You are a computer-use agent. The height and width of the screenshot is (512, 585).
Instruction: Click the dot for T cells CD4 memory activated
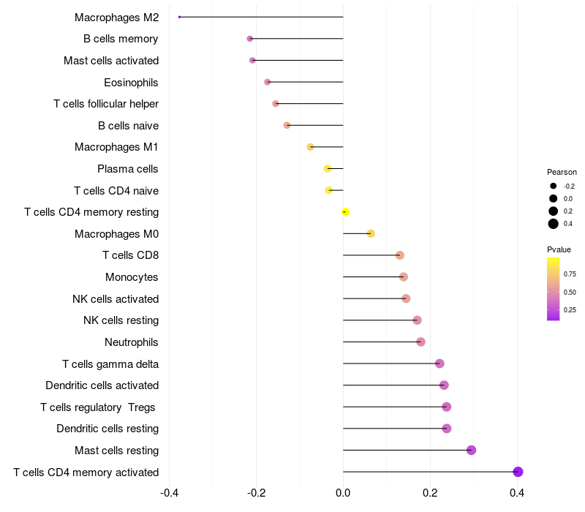click(x=518, y=472)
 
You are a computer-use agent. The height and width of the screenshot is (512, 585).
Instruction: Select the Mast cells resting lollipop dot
click(x=471, y=450)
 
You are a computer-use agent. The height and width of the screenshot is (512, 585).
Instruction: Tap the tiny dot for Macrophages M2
click(x=179, y=17)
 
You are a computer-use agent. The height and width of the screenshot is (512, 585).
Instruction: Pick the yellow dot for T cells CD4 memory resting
click(x=345, y=212)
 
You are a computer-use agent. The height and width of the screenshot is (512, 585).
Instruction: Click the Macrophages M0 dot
click(x=371, y=233)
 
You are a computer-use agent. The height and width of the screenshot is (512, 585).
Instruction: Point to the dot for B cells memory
click(x=250, y=39)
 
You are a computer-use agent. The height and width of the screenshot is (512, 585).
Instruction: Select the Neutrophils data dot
click(x=420, y=342)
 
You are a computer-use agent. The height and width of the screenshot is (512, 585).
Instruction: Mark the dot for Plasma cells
click(x=328, y=169)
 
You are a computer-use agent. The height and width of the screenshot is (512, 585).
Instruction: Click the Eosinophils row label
click(x=131, y=82)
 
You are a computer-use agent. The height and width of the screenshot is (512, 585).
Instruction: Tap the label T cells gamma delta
click(x=110, y=364)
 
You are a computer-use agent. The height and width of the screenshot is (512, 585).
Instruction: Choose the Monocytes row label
click(x=132, y=277)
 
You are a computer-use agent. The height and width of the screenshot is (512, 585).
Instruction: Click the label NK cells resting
click(x=121, y=320)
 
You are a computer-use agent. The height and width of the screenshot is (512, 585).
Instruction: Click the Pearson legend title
click(x=562, y=173)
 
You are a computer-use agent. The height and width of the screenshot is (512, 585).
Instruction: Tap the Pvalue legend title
click(x=559, y=249)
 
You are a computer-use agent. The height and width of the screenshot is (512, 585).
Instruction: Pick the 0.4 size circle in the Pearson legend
click(x=554, y=224)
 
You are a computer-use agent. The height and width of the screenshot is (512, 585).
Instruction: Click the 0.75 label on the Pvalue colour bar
click(x=570, y=274)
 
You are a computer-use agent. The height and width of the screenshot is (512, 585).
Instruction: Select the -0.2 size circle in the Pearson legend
click(x=554, y=186)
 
